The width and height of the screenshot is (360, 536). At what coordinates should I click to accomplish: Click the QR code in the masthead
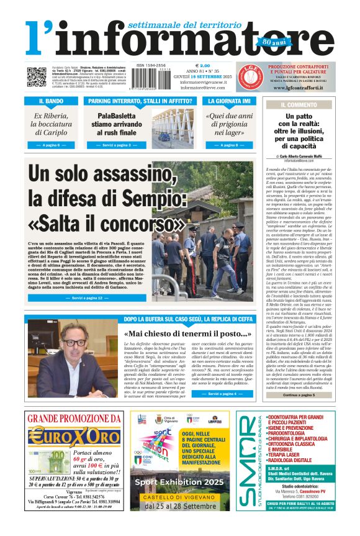36,77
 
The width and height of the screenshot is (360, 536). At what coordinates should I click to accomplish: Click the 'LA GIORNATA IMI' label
230,101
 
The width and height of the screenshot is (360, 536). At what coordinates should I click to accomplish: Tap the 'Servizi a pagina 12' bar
86,298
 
